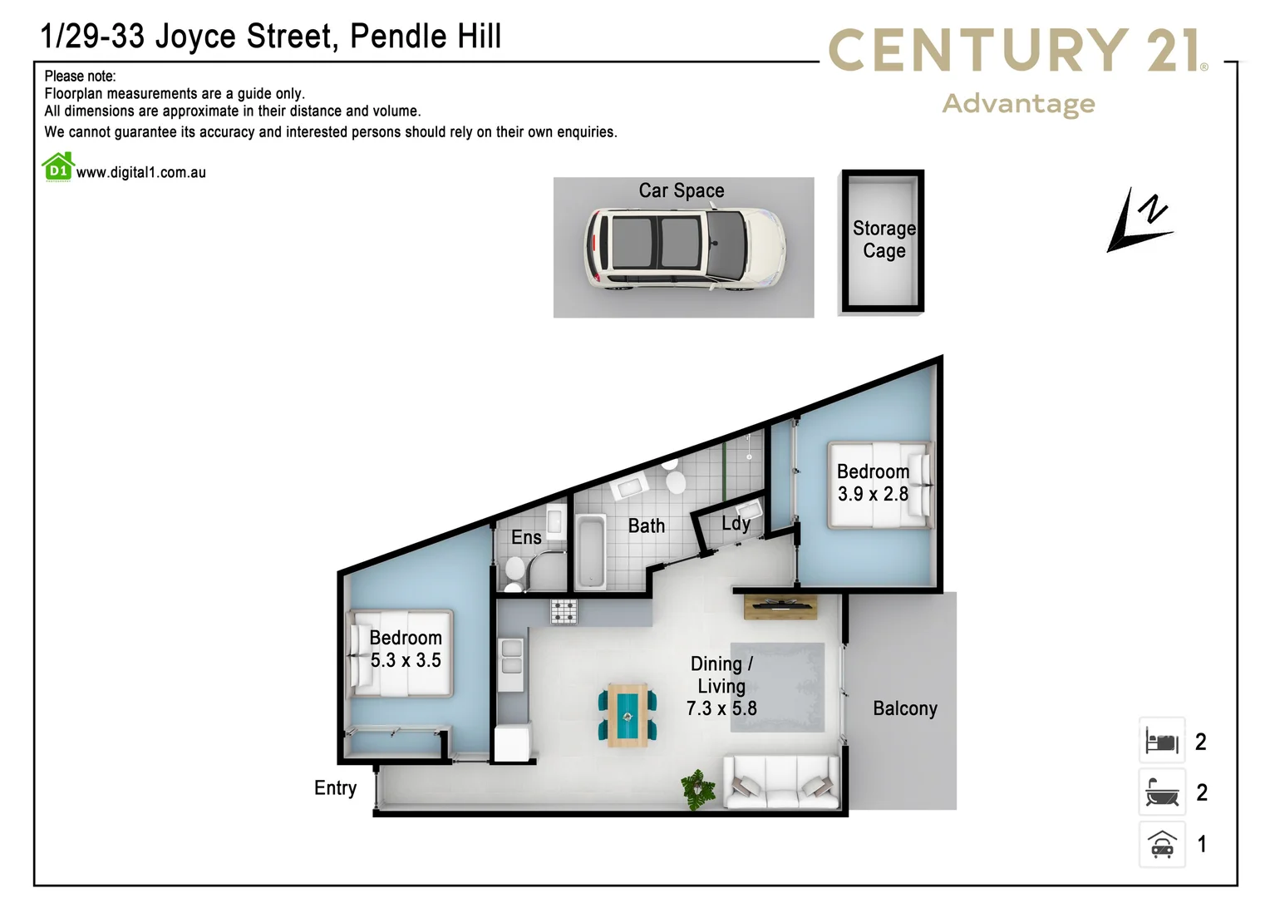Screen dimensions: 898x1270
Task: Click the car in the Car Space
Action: [684, 249]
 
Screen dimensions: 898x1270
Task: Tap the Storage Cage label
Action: [884, 239]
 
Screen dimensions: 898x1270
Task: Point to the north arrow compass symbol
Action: [1140, 220]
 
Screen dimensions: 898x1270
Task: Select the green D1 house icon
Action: [58, 167]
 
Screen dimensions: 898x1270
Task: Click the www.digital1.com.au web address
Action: [141, 173]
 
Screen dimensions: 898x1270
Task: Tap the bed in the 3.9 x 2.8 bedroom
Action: [880, 485]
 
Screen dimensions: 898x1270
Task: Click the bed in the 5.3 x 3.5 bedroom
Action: [400, 653]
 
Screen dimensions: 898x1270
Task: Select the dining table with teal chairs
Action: [628, 714]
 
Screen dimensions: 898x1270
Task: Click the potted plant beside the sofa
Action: [698, 788]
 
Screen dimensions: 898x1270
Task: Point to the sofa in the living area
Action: [781, 782]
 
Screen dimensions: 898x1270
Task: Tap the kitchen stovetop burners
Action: [564, 612]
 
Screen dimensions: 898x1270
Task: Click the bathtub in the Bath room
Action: [590, 551]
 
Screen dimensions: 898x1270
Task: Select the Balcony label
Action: [904, 708]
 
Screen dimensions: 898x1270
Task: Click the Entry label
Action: [335, 787]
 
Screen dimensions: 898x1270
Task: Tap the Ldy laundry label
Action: [736, 523]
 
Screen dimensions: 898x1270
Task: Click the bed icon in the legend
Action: [1162, 740]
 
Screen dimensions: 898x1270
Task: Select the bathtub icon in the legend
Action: [1162, 792]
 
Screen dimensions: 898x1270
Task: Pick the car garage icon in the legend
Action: [1162, 844]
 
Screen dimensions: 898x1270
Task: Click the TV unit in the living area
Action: [780, 607]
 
